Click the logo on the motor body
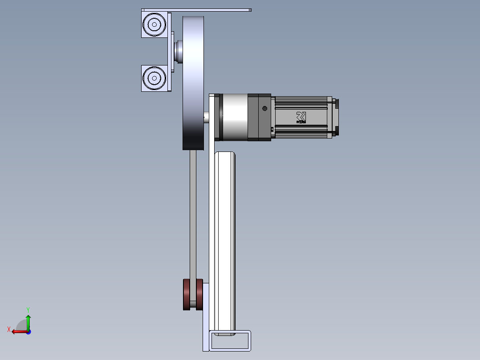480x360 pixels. pos(301,117)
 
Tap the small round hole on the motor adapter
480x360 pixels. pos(264,108)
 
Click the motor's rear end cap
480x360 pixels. pos(335,117)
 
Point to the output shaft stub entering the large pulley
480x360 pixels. pos(207,118)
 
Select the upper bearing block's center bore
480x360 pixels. pos(154,25)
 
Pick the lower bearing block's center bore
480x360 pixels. pos(154,78)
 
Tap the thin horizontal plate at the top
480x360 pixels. pos(196,10)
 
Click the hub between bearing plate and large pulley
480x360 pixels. pos(178,53)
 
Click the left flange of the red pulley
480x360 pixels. pos(186,295)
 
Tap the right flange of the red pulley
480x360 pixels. pos(199,295)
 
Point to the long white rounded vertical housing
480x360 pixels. pos(225,241)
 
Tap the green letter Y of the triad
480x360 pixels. pos(28,309)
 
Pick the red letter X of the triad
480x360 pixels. pos(8,330)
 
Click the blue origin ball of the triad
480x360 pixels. pos(28,331)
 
